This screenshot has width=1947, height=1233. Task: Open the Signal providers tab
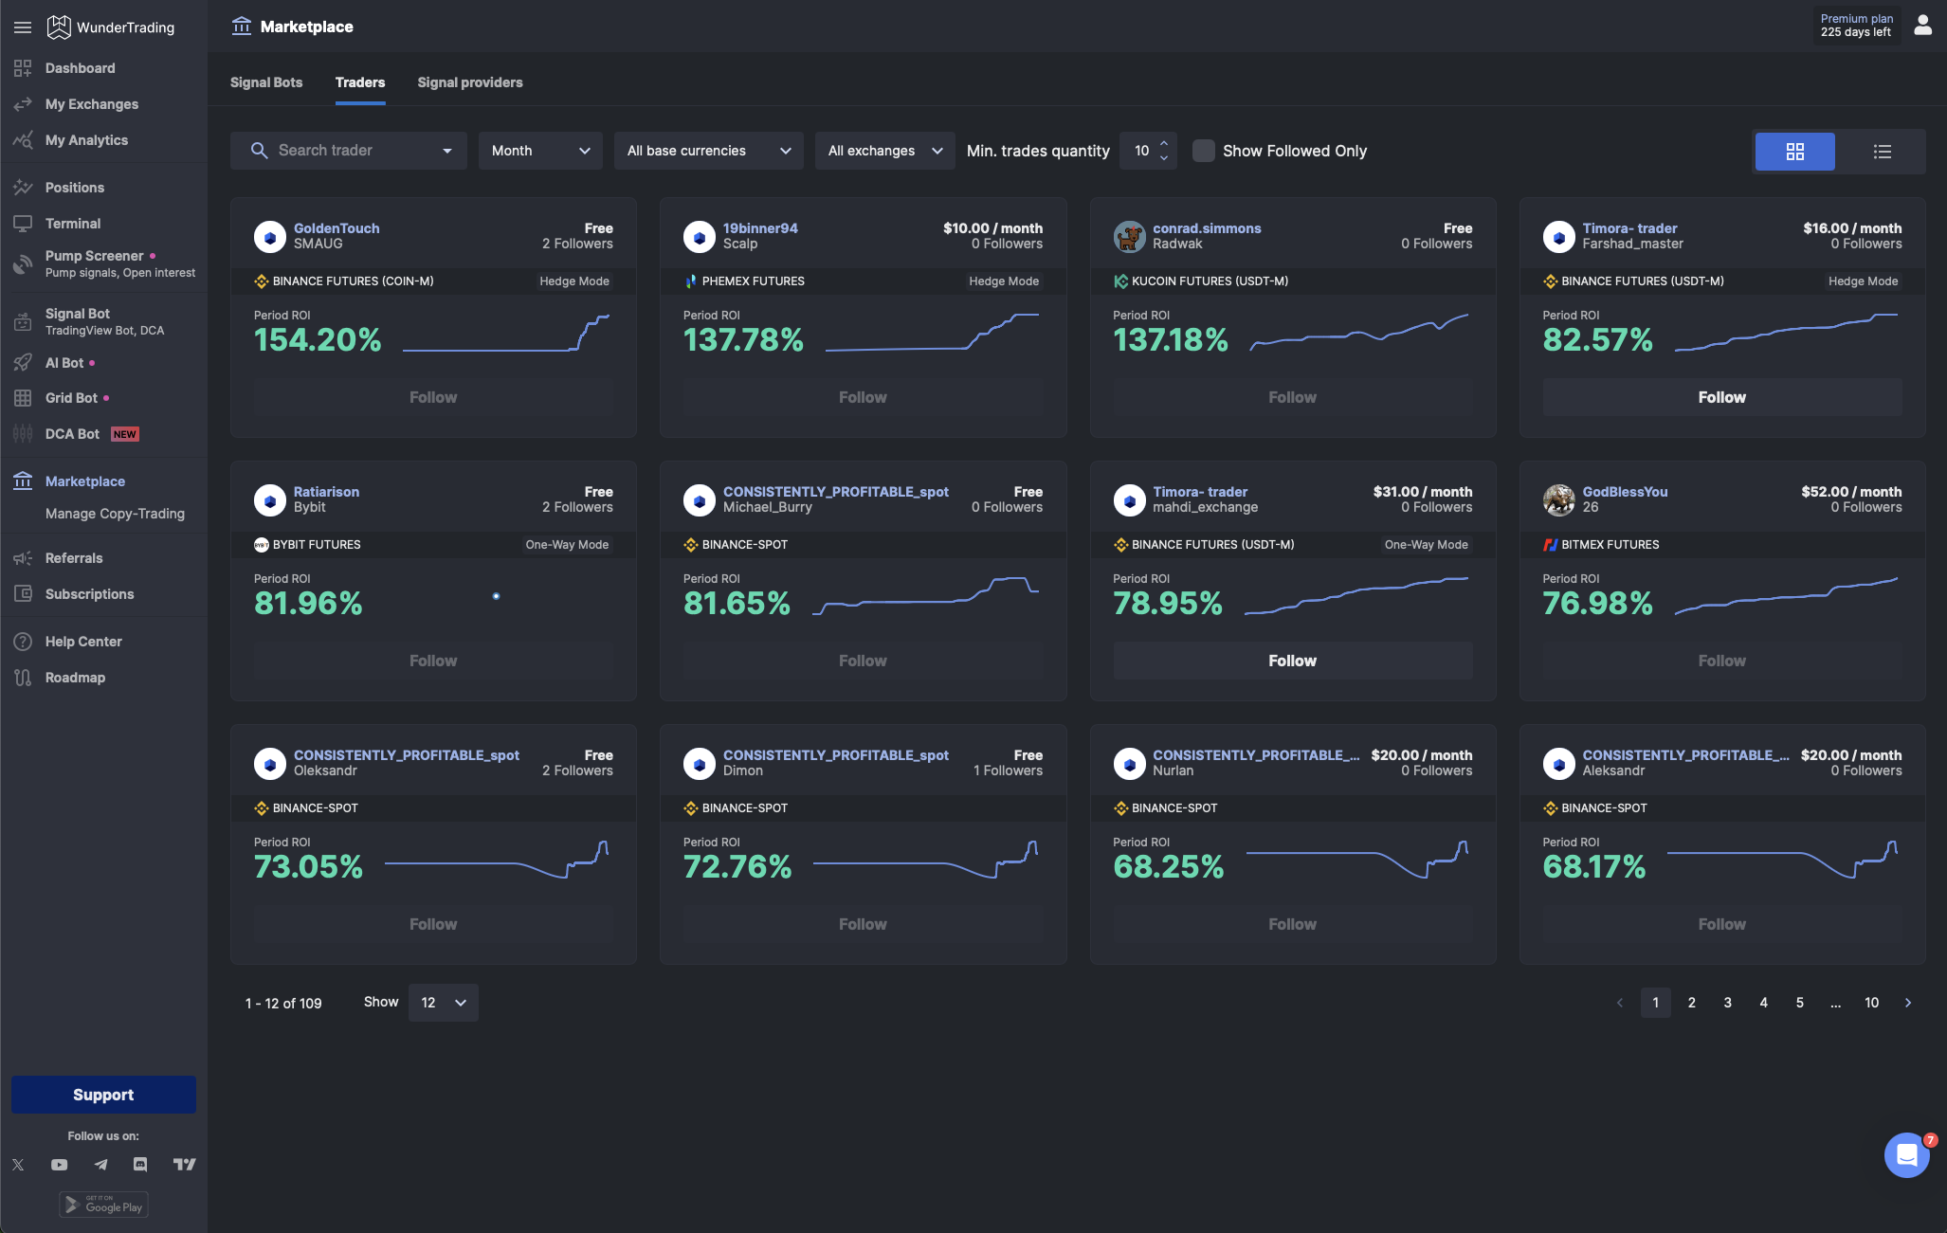469,82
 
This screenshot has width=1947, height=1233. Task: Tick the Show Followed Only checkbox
1203,151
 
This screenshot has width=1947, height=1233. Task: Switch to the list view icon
1882,152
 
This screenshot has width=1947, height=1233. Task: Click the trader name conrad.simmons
1206,228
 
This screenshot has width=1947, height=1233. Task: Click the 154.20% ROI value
318,339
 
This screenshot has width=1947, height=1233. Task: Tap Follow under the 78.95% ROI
1292,661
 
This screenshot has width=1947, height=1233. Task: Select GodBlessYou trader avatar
1558,499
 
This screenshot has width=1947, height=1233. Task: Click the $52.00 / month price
1850,492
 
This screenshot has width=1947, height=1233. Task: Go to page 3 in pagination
1727,1003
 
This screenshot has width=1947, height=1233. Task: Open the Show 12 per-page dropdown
443,1003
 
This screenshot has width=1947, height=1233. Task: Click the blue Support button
103,1095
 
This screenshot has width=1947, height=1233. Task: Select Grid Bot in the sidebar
71,398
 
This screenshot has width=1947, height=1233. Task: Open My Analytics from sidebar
86,140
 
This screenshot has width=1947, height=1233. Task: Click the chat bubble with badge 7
1906,1155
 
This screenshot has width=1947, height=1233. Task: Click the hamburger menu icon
23,27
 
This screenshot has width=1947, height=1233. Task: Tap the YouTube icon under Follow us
59,1165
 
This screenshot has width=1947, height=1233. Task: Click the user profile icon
1922,26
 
